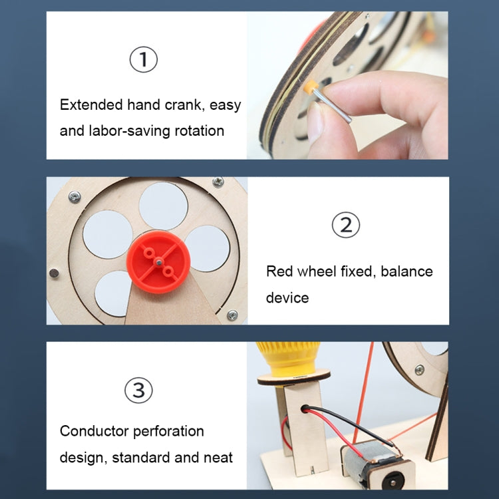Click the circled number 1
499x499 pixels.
[143, 60]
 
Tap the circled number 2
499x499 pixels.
[345, 226]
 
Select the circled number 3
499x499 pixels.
[138, 390]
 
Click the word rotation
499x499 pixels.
[200, 130]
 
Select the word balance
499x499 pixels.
[407, 271]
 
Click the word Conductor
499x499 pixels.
[94, 431]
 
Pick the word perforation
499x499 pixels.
[168, 431]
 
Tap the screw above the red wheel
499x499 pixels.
[218, 182]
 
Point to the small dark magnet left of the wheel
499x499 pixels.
[53, 273]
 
